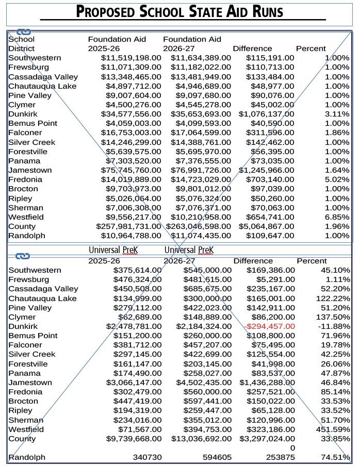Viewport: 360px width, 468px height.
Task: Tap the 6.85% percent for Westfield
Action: [337, 217]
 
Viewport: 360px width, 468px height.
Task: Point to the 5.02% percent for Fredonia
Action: [337, 179]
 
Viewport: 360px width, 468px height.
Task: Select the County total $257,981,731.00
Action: [129, 226]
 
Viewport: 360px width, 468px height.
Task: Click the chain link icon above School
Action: [24, 32]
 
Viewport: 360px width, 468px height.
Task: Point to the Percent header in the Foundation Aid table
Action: [311, 48]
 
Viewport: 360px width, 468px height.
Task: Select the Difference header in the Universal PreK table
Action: [253, 261]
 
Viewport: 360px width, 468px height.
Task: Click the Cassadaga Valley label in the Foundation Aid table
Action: [43, 77]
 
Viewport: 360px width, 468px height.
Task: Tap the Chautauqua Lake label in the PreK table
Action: [42, 298]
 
